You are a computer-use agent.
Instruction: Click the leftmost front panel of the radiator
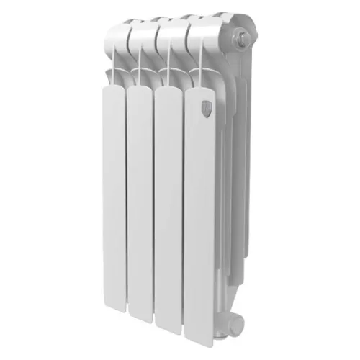[113, 202]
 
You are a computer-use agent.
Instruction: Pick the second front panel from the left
[140, 205]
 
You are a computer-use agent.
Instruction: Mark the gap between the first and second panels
[126, 209]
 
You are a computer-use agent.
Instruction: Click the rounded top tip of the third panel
[169, 89]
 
